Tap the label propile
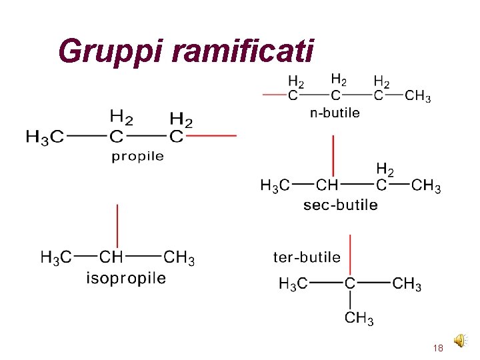pos(138,157)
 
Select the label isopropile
pos(126,278)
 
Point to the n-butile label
pos(335,113)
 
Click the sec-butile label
pos(340,205)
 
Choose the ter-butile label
pos(307,257)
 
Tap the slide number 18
pos(438,348)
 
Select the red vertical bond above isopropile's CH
pos(118,226)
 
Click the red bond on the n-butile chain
pos(275,95)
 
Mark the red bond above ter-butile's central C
pos(350,254)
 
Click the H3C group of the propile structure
pos(45,137)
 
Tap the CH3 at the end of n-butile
pos(418,97)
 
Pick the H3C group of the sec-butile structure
pos(275,185)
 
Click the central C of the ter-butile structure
pos(350,284)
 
